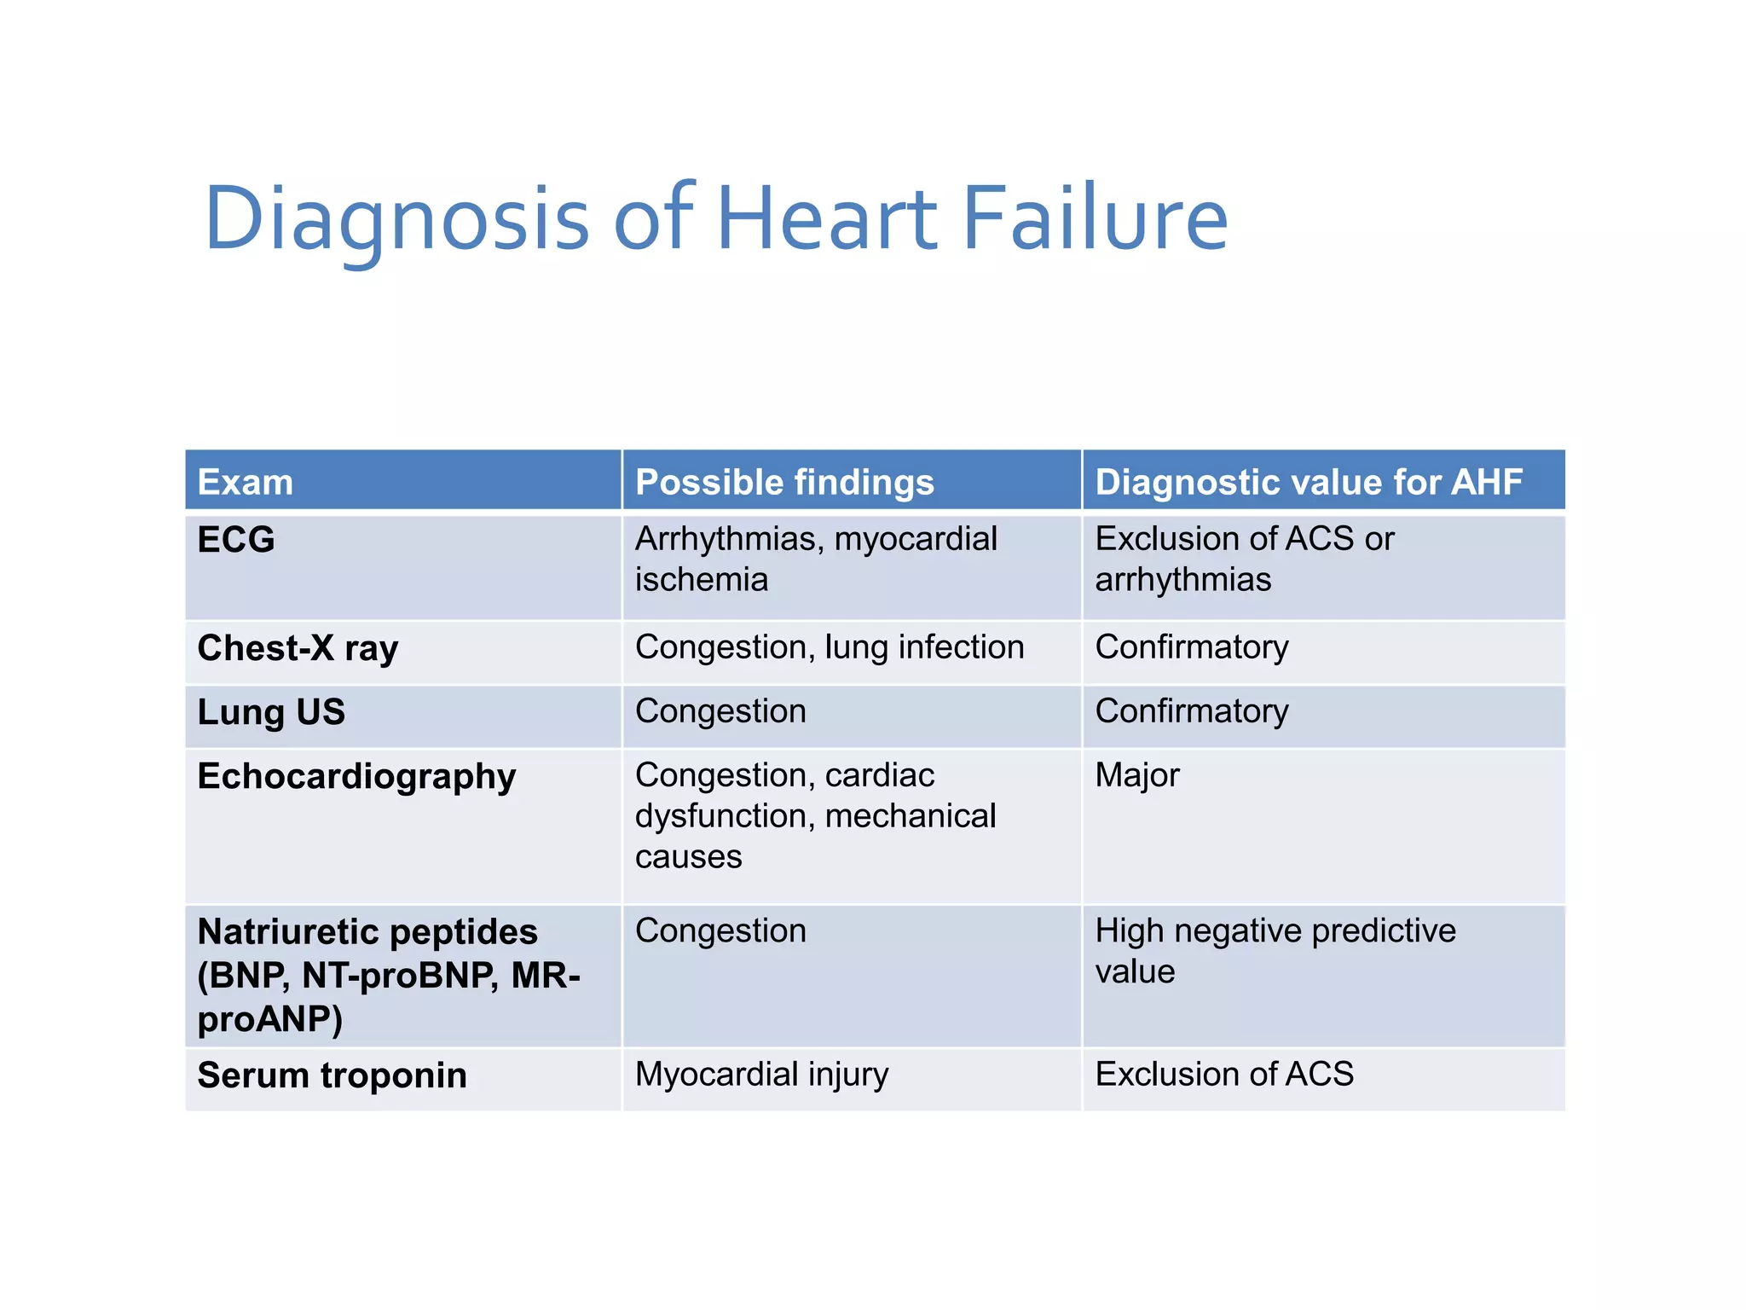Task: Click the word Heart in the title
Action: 827,219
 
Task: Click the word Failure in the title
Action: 1095,219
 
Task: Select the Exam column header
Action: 246,482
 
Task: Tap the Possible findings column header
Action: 784,482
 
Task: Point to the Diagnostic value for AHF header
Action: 1308,482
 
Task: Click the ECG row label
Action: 236,539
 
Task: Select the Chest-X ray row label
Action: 298,649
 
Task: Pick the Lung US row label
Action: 271,712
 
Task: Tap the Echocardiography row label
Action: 356,777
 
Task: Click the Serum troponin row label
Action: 332,1075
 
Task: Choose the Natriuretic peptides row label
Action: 367,932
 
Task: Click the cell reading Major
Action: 1136,775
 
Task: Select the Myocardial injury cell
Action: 761,1075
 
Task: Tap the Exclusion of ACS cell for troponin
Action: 1223,1075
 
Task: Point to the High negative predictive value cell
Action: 1275,950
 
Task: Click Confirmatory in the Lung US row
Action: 1191,711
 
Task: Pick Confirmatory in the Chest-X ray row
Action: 1191,647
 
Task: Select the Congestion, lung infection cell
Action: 829,647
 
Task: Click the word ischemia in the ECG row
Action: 702,580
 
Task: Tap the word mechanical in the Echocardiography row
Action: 910,816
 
